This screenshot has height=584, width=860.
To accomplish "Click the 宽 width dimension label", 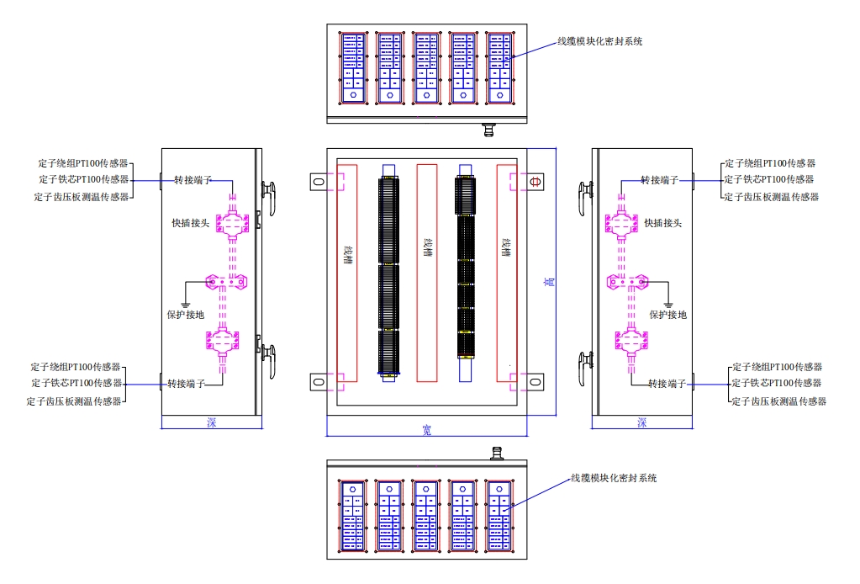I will coord(426,430).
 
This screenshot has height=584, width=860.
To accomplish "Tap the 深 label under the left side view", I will coord(211,422).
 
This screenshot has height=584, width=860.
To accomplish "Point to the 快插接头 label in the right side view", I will coord(662,223).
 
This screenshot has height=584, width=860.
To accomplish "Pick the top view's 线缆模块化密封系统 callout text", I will coord(600,40).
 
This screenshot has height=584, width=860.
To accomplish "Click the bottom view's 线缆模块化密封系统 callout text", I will coord(614,478).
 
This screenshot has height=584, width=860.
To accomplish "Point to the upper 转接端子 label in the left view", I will coord(193,180).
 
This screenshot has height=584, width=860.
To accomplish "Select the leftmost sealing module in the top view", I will coord(353,68).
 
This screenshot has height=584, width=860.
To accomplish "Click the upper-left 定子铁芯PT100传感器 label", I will coord(83,179).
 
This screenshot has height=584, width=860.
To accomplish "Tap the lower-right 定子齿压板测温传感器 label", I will coord(778,401).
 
